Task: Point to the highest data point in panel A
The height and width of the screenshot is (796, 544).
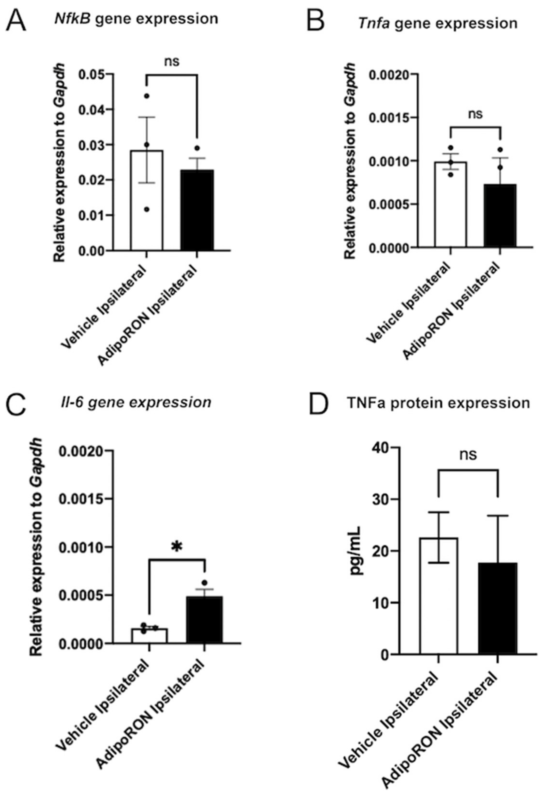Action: [147, 96]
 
